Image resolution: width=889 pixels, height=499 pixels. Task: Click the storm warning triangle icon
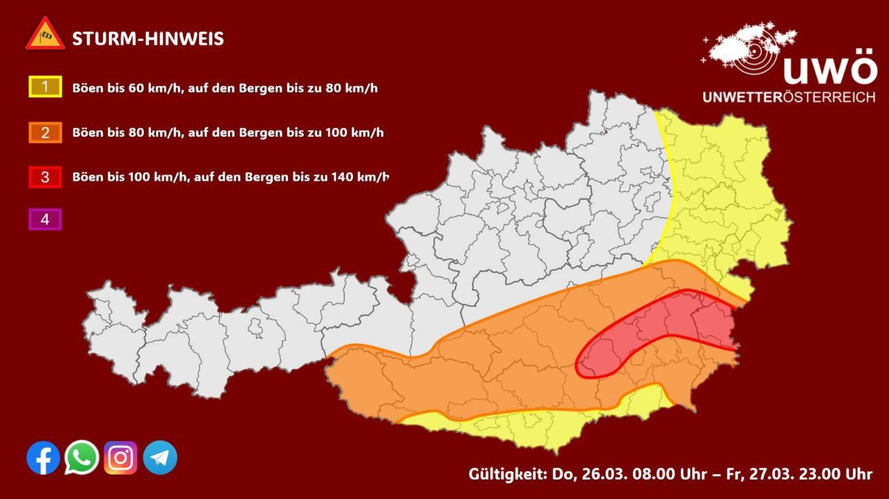coord(45,34)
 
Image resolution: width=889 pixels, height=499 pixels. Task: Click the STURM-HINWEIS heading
coord(148,39)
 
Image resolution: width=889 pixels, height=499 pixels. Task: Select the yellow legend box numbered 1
coord(45,88)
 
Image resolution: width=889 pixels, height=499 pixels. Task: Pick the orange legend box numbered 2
coord(45,132)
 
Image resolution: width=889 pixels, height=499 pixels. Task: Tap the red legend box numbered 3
coord(45,177)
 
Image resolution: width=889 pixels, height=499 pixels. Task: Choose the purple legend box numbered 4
coord(45,220)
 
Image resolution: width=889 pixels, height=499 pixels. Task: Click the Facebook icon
coord(43,458)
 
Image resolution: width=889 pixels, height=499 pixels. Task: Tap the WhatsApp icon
coord(82,458)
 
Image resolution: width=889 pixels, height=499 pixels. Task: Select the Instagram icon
coord(121,458)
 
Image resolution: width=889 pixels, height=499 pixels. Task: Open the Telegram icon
coord(160,458)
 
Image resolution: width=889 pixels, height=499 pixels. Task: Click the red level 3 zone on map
coord(661,327)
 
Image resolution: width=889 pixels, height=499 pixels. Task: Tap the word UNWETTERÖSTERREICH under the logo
coord(789,97)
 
